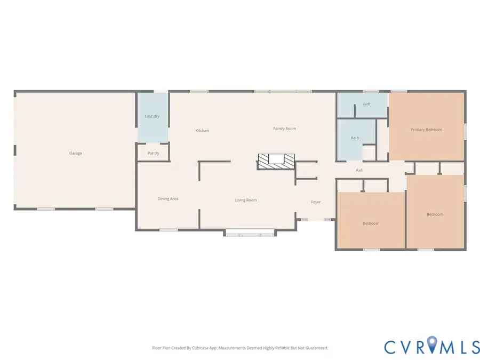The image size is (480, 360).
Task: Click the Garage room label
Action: tap(75, 154)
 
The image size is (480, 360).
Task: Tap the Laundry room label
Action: tap(152, 116)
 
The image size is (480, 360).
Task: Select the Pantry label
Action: tap(153, 154)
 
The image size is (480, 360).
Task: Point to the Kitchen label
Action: tap(202, 131)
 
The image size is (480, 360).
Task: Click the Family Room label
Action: tap(284, 129)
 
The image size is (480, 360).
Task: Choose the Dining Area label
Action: tap(167, 199)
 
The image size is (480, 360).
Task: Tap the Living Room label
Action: tap(246, 201)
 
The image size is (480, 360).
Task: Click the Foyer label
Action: tap(316, 202)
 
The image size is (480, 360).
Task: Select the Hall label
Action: tap(359, 171)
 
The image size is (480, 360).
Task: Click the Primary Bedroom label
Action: tap(426, 130)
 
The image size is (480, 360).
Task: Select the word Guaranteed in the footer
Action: tap(315, 348)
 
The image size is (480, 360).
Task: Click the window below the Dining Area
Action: tap(169, 230)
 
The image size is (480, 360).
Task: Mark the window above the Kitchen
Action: tap(199, 91)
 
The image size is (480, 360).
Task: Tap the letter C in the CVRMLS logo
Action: tap(392, 347)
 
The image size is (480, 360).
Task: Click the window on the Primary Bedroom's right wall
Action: tap(465, 131)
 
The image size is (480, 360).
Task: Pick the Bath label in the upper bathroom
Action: tap(367, 104)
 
